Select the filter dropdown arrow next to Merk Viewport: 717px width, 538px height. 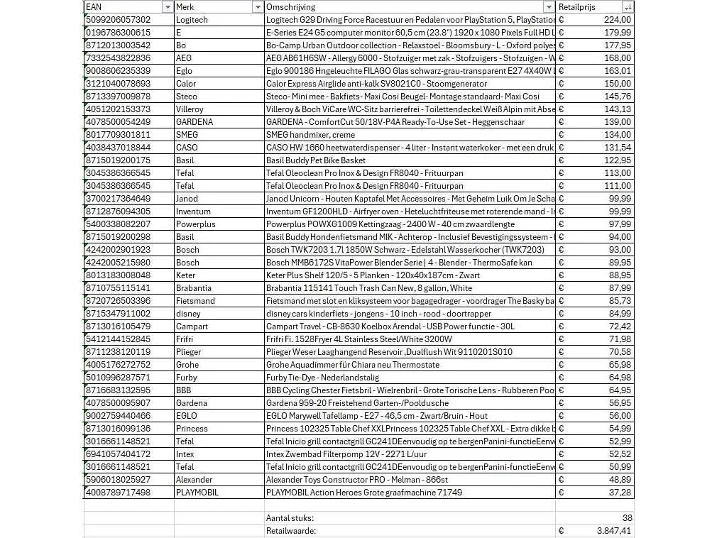pos(258,7)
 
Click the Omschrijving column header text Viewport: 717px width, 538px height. pos(290,6)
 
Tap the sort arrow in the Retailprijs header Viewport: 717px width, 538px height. pos(628,7)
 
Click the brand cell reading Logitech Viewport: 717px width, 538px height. pos(192,20)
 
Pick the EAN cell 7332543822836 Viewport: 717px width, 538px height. pos(118,58)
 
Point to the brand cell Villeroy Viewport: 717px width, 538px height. pos(190,109)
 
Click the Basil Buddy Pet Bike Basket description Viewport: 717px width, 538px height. pos(316,160)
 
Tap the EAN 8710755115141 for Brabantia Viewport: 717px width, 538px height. pos(118,288)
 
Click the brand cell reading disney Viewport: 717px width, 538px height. pos(188,314)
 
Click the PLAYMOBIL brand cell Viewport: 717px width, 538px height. pos(197,493)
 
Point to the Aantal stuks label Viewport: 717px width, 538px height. pos(290,518)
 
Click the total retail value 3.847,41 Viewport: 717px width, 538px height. pos(613,531)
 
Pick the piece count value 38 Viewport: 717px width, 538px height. pos(627,518)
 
